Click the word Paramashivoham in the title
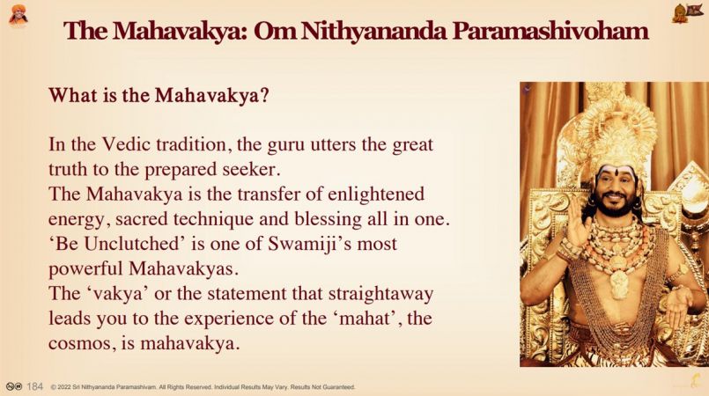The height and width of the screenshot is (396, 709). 550,31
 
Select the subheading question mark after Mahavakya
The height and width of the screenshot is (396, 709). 264,95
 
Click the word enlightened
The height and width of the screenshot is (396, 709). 376,194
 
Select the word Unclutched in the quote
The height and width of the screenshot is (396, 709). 132,244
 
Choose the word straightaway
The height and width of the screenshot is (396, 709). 380,294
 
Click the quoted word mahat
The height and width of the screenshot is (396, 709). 365,319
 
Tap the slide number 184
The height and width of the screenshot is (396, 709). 35,386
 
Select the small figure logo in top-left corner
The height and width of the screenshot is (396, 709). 18,15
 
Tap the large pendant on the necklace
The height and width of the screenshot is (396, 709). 618,283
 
